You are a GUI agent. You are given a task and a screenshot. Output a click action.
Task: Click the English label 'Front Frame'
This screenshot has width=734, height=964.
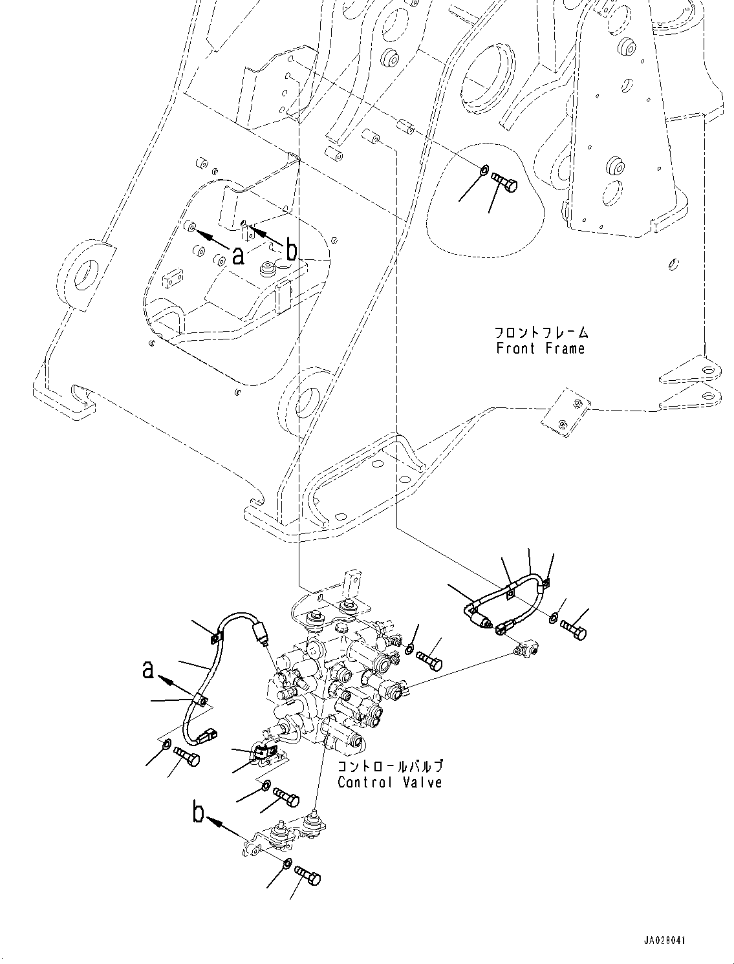pos(540,349)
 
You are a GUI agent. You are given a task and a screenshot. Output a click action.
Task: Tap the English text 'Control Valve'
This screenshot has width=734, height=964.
pos(390,782)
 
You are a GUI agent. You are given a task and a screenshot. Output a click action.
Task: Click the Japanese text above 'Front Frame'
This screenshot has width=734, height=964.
pos(541,333)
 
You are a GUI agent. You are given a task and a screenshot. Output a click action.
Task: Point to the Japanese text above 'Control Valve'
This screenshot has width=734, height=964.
pos(390,767)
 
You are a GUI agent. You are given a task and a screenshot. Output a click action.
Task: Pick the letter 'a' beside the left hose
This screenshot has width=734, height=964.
pos(149,670)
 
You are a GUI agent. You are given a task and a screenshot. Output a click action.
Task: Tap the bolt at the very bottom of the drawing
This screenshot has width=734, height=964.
pos(308,875)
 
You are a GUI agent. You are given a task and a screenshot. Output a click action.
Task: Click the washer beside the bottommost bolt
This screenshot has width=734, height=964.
pos(287,864)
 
